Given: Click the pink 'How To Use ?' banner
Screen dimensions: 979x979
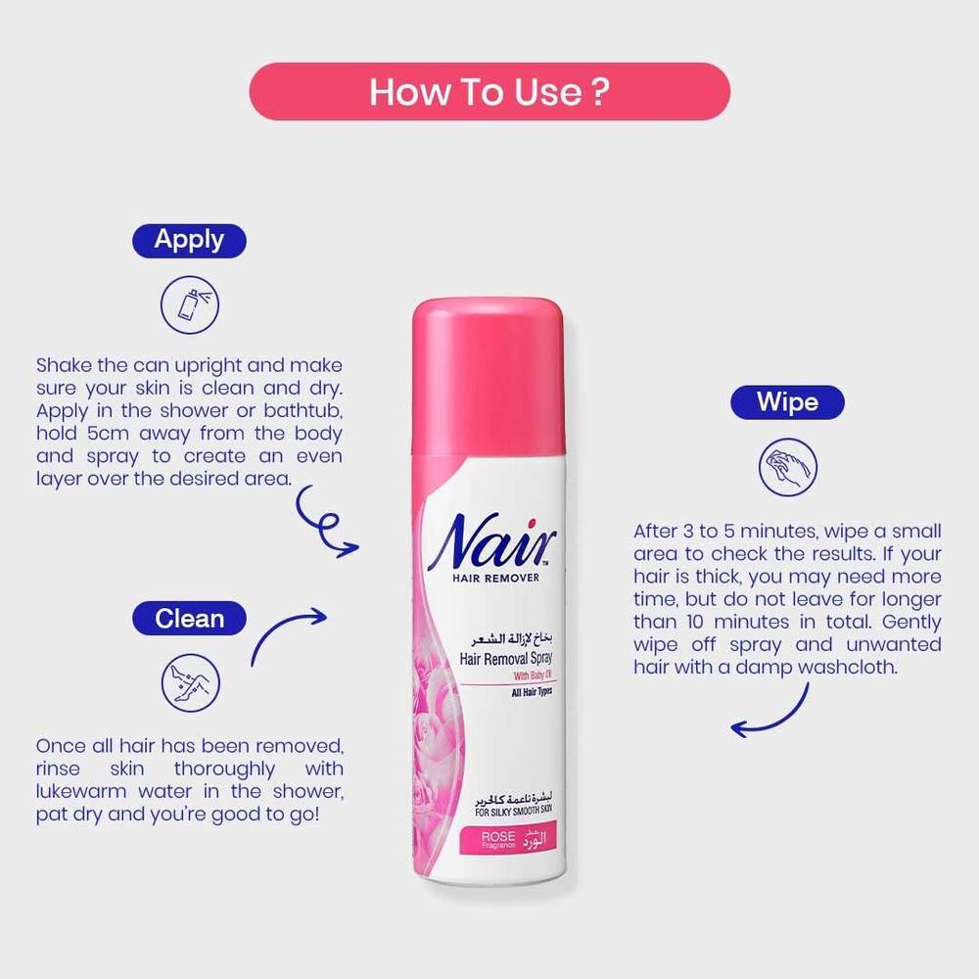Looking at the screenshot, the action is (489, 91).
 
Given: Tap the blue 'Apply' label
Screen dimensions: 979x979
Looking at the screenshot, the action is (189, 241).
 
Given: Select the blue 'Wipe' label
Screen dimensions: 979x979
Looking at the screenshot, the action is (787, 402).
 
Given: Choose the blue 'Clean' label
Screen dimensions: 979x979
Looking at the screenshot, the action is (189, 618).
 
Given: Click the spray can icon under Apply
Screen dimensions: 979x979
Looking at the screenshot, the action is (190, 304).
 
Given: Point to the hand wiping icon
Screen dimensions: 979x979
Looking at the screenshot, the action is (788, 467).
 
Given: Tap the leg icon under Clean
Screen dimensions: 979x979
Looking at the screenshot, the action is (191, 683).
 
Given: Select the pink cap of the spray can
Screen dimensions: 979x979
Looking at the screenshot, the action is (489, 376).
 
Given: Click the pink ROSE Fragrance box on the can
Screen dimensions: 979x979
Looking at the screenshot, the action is (507, 840).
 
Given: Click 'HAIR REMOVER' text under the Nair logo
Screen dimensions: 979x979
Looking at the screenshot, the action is (495, 579).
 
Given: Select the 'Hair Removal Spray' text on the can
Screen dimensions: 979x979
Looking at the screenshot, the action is (506, 659).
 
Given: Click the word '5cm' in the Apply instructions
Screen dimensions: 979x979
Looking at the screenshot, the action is (108, 434).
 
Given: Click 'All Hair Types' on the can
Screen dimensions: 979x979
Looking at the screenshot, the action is (532, 692).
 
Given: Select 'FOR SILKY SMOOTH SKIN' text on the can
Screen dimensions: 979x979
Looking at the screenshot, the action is (513, 812).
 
